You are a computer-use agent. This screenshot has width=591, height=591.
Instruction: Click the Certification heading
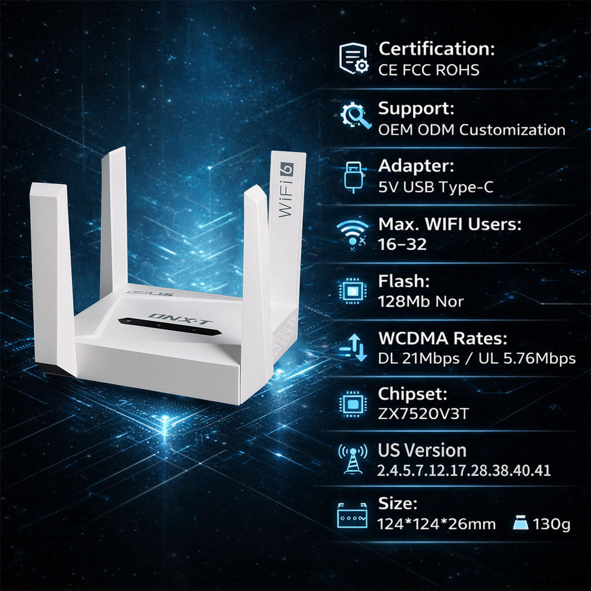[x=436, y=48]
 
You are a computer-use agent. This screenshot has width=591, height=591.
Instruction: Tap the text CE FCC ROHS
[x=428, y=70]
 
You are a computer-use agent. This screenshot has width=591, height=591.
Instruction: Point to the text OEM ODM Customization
[x=472, y=130]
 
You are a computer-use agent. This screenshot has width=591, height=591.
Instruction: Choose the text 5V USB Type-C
[x=435, y=187]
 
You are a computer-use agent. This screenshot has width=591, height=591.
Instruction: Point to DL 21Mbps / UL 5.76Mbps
[x=476, y=358]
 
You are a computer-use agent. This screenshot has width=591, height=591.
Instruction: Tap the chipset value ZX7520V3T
[x=423, y=413]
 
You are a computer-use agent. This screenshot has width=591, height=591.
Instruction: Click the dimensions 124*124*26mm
[x=436, y=525]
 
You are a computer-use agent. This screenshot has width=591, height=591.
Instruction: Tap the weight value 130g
[x=552, y=525]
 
